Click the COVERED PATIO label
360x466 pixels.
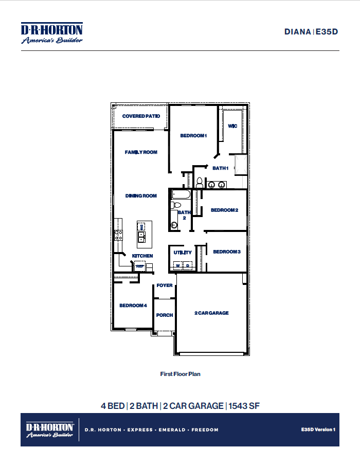click(x=141, y=116)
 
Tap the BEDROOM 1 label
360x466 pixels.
click(x=193, y=136)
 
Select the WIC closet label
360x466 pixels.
click(x=232, y=126)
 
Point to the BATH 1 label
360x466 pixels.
click(x=220, y=168)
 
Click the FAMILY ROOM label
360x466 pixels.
click(x=141, y=152)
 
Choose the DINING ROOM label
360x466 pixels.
click(x=141, y=196)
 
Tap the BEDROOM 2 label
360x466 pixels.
click(x=224, y=210)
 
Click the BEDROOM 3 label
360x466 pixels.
click(x=227, y=252)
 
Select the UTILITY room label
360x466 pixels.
click(x=183, y=253)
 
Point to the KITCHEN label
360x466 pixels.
click(x=142, y=256)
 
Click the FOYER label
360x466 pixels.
click(x=165, y=285)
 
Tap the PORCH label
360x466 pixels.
click(x=165, y=315)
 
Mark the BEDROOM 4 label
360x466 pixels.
click(x=133, y=306)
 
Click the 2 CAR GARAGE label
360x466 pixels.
click(x=211, y=313)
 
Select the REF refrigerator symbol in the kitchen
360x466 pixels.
click(x=139, y=266)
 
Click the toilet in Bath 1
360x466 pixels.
click(x=199, y=182)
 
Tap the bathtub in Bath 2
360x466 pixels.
click(x=181, y=195)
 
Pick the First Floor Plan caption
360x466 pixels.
click(x=180, y=374)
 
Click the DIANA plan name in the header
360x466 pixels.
click(x=298, y=31)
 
